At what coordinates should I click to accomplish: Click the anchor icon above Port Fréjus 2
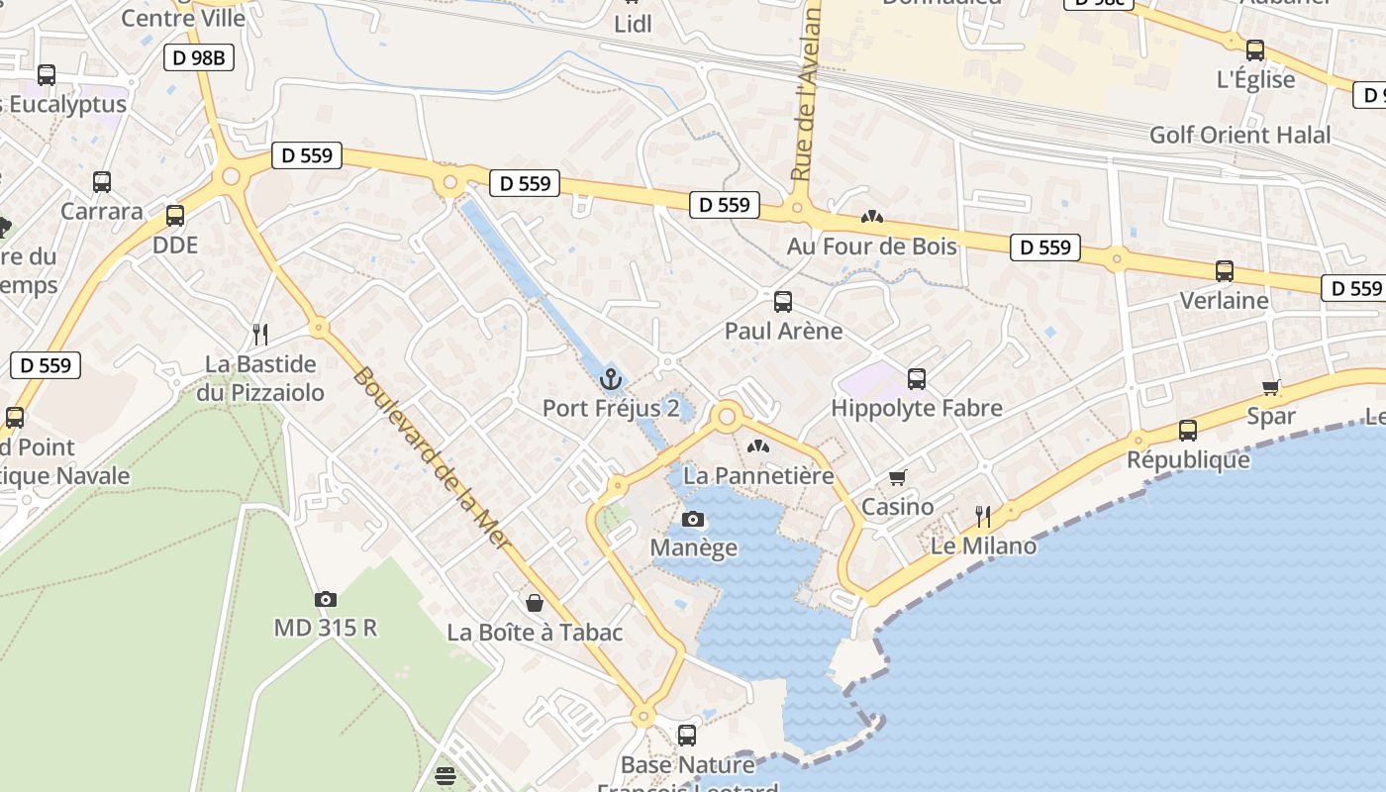pyautogui.click(x=611, y=379)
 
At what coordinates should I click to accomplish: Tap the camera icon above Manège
pyautogui.click(x=693, y=519)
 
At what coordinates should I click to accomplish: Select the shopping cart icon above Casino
pyautogui.click(x=898, y=478)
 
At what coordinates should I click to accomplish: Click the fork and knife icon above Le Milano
pyautogui.click(x=983, y=516)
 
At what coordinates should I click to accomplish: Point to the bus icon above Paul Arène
pyautogui.click(x=783, y=301)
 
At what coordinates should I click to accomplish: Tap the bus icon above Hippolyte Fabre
pyautogui.click(x=917, y=378)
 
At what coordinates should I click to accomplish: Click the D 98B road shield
pyautogui.click(x=199, y=57)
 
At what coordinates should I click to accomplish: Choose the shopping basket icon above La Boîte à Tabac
pyautogui.click(x=535, y=602)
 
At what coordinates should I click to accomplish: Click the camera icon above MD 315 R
pyautogui.click(x=325, y=599)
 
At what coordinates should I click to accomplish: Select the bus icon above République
pyautogui.click(x=1188, y=431)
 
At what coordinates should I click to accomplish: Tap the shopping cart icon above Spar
pyautogui.click(x=1271, y=387)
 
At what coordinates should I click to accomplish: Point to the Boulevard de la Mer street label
pyautogui.click(x=433, y=460)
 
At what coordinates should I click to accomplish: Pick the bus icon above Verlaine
pyautogui.click(x=1225, y=270)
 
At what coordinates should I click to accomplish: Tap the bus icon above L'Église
pyautogui.click(x=1255, y=49)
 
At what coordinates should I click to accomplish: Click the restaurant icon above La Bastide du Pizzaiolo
pyautogui.click(x=260, y=334)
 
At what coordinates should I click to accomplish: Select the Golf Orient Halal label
pyautogui.click(x=1239, y=135)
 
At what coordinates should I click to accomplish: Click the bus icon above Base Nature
pyautogui.click(x=687, y=735)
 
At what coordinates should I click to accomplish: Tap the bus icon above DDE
pyautogui.click(x=175, y=215)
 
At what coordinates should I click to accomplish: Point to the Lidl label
pyautogui.click(x=634, y=24)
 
